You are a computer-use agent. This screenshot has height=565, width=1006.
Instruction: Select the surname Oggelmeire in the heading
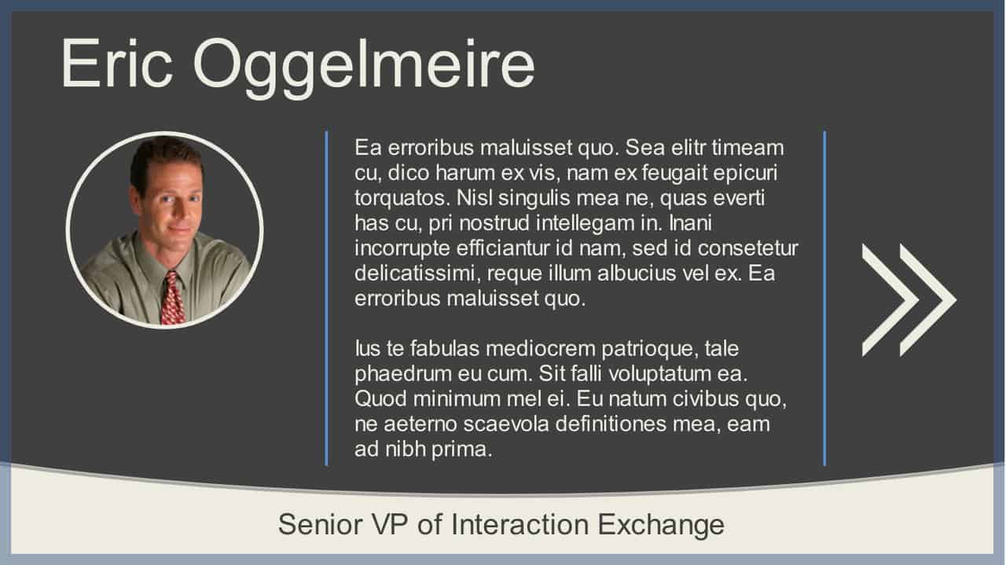pos(364,68)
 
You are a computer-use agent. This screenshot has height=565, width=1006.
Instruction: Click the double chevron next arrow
pos(909,300)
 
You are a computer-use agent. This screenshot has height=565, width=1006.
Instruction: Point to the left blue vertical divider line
pos(326,299)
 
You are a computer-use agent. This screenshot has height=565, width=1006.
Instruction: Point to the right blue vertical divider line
pos(824,299)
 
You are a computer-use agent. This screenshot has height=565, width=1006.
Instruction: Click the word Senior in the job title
pos(320,524)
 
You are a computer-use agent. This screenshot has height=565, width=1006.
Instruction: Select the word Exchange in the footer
pos(661,524)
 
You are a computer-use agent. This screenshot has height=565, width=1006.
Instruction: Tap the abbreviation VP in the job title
pos(390,524)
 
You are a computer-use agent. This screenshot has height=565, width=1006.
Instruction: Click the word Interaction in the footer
pos(520,524)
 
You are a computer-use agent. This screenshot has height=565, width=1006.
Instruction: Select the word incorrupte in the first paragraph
pos(402,249)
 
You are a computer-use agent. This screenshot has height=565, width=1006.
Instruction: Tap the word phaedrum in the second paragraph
pos(403,374)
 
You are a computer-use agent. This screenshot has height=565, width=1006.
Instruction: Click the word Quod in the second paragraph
pos(380,399)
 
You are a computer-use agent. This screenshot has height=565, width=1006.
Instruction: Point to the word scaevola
pos(506,424)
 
